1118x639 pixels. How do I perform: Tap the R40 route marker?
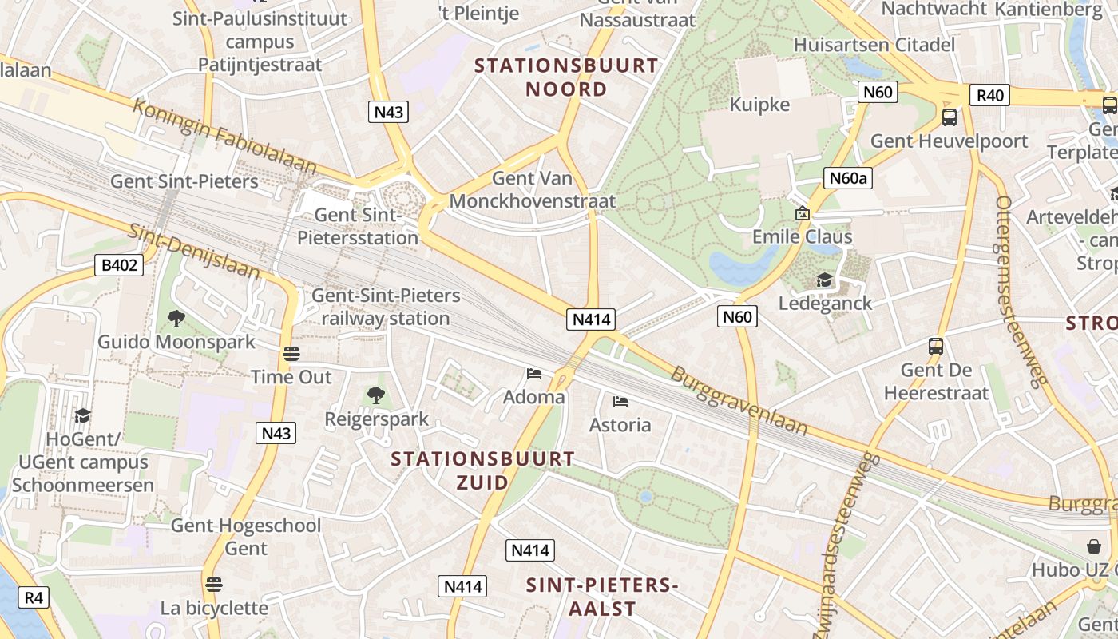pyautogui.click(x=990, y=96)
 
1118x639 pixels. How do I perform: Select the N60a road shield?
pyautogui.click(x=848, y=177)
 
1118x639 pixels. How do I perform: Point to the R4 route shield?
pyautogui.click(x=33, y=597)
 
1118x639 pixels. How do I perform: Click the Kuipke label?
pyautogui.click(x=759, y=105)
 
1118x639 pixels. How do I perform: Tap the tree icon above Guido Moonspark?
pyautogui.click(x=176, y=319)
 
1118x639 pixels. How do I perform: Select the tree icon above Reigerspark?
pyautogui.click(x=375, y=395)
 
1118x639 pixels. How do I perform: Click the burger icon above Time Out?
pyautogui.click(x=291, y=354)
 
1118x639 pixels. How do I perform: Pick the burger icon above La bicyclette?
pyautogui.click(x=213, y=585)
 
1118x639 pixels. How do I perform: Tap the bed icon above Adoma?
pyautogui.click(x=533, y=374)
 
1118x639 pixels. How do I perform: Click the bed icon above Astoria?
pyautogui.click(x=620, y=402)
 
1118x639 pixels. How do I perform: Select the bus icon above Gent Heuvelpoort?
pyautogui.click(x=949, y=117)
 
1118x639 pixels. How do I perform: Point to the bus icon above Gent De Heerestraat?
pyautogui.click(x=935, y=347)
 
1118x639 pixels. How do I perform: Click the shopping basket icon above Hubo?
pyautogui.click(x=1093, y=546)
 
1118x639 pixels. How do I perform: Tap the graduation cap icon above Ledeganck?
pyautogui.click(x=824, y=280)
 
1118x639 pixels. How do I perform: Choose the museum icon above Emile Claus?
pyautogui.click(x=803, y=213)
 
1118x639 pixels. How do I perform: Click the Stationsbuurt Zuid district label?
pyautogui.click(x=482, y=470)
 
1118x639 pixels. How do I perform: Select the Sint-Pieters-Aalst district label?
pyautogui.click(x=602, y=597)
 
